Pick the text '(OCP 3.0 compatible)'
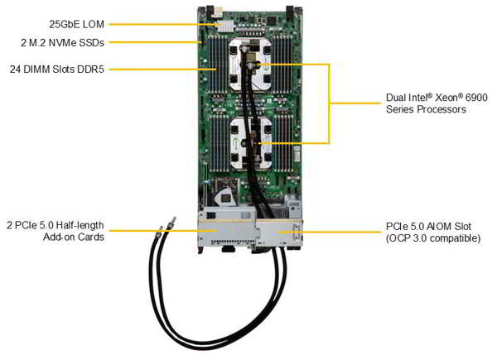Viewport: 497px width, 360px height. coord(432,238)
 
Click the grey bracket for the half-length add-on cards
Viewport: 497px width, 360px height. coord(224,231)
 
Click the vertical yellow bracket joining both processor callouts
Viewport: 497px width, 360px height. coord(330,103)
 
